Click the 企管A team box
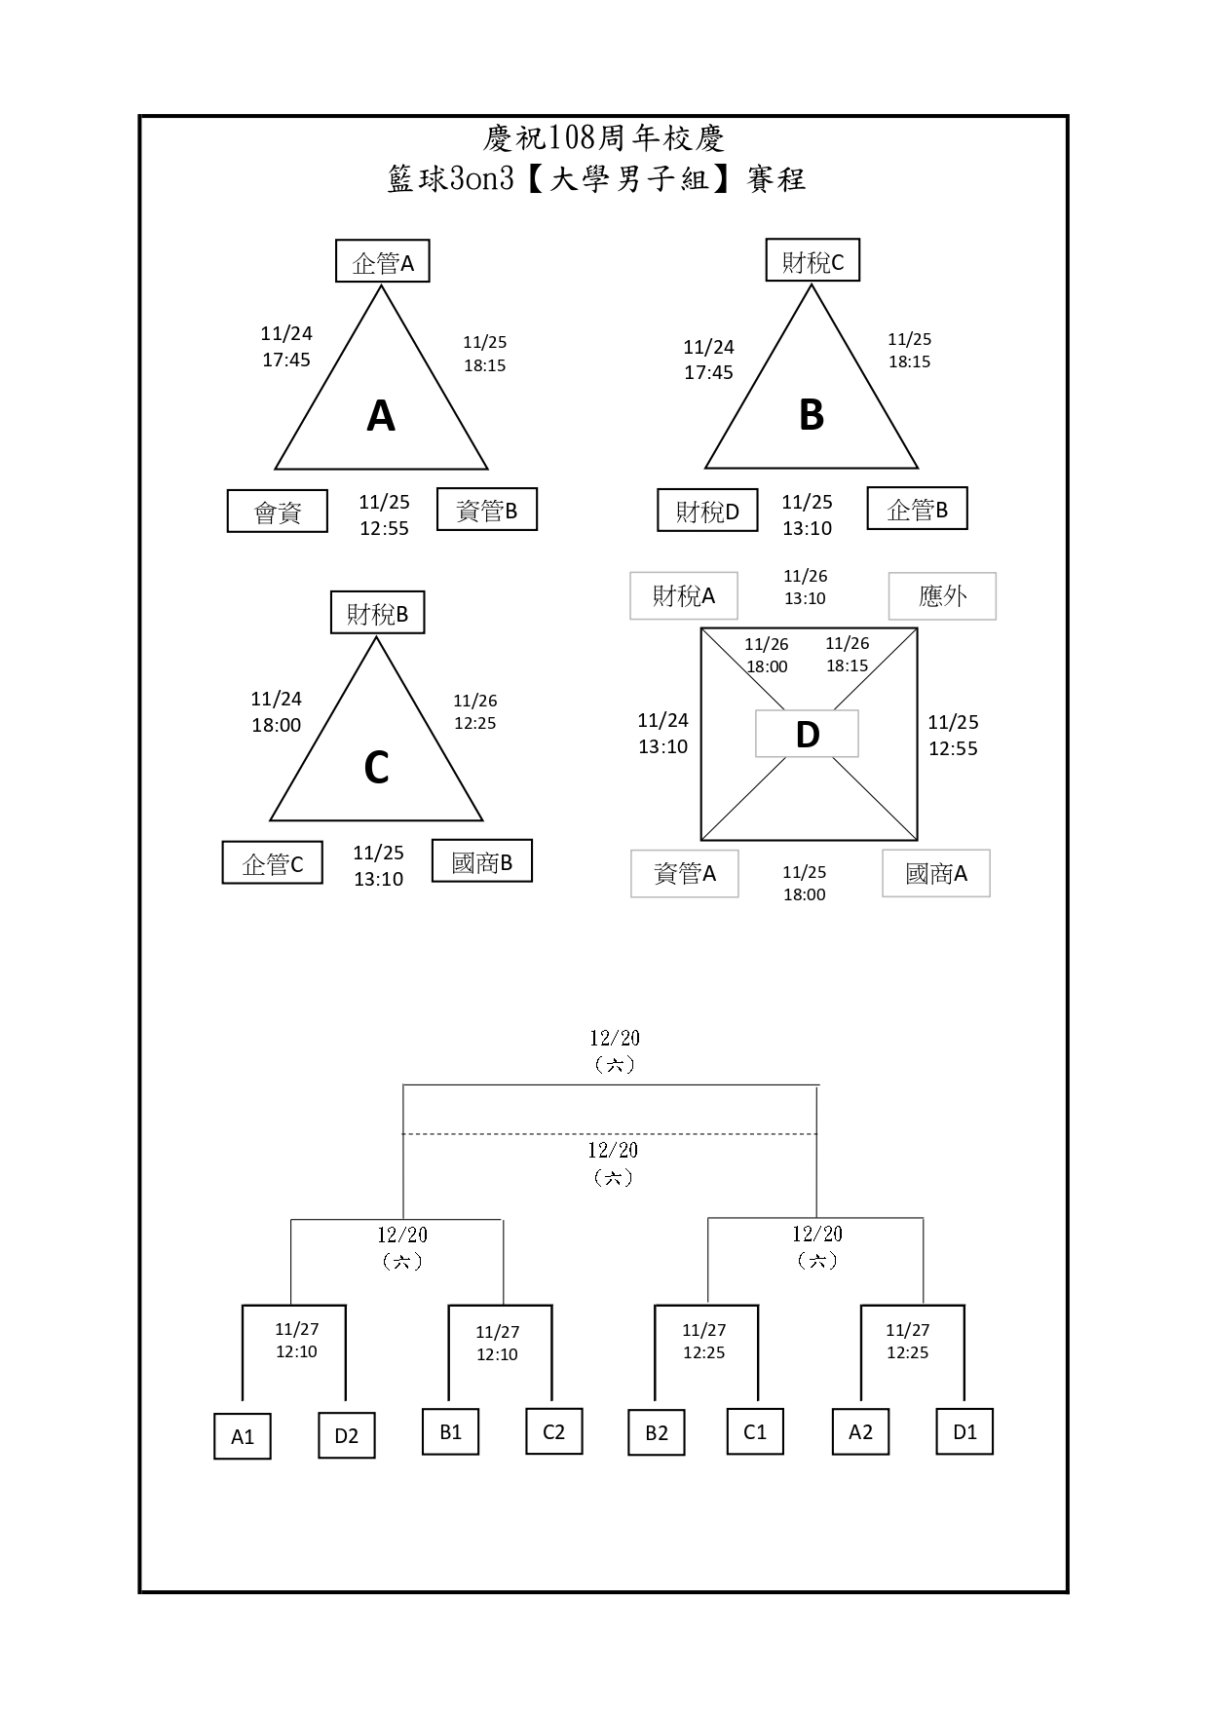(383, 262)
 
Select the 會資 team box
(278, 512)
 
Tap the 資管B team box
(487, 510)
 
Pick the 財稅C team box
(812, 261)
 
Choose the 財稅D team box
(707, 511)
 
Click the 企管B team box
(917, 509)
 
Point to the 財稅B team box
(377, 613)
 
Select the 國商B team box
(482, 861)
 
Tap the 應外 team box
(942, 595)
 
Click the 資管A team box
(684, 873)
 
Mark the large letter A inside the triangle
(381, 416)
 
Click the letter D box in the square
(807, 734)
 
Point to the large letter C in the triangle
(376, 768)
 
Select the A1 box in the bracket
(242, 1436)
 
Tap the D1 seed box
(964, 1431)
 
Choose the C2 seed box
(553, 1431)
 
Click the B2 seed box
(657, 1432)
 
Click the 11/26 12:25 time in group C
(475, 711)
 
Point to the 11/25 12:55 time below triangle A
(384, 514)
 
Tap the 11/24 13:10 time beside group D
(662, 733)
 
